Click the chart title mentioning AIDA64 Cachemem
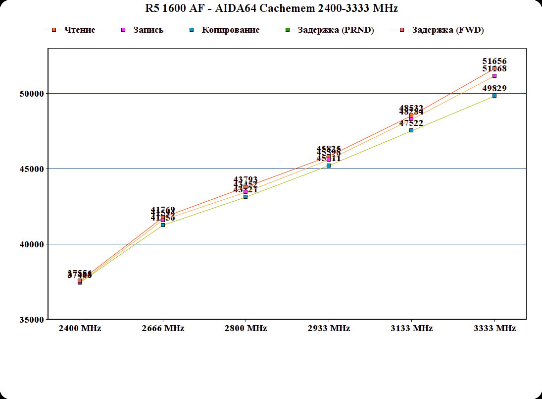(x=271, y=8)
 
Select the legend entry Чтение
(x=79, y=30)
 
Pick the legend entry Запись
(x=148, y=30)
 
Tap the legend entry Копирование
(x=230, y=30)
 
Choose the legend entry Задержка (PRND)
(x=336, y=30)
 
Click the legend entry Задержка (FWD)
(x=447, y=30)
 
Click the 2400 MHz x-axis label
(x=80, y=329)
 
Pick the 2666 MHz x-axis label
(x=163, y=329)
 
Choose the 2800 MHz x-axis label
(x=246, y=329)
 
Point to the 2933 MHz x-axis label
(x=329, y=329)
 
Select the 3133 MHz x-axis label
(x=411, y=329)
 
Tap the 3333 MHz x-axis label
(x=494, y=329)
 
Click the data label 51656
(x=494, y=61)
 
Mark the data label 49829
(x=494, y=89)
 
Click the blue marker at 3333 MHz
(x=494, y=96)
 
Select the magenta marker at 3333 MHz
(x=494, y=76)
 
